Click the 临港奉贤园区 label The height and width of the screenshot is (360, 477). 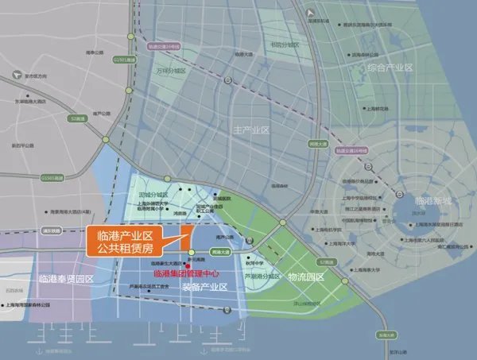point(66,279)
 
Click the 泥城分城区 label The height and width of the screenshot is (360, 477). point(153,194)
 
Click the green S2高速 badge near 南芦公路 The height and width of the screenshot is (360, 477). point(78,119)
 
